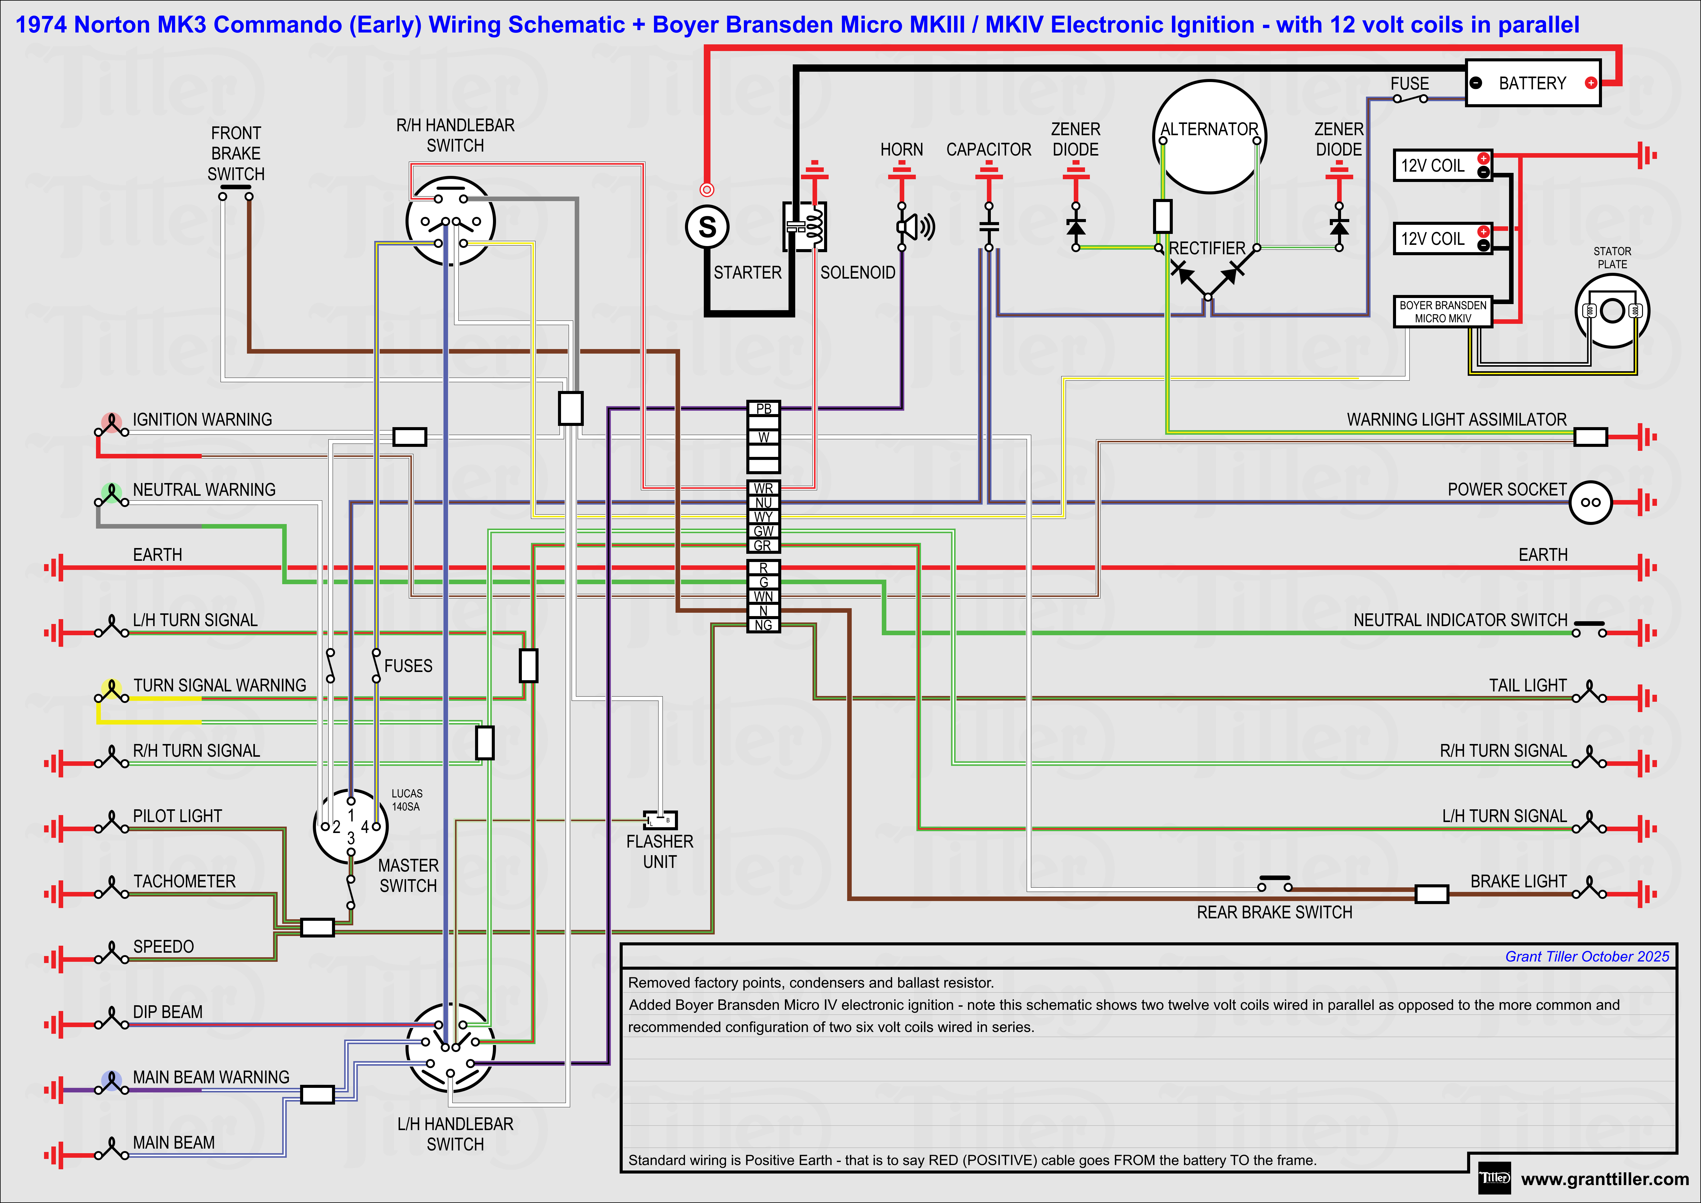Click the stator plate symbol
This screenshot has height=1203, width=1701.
click(x=1612, y=311)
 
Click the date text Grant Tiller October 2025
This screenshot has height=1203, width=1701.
click(x=1587, y=956)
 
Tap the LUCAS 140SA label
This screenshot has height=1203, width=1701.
click(x=407, y=800)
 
